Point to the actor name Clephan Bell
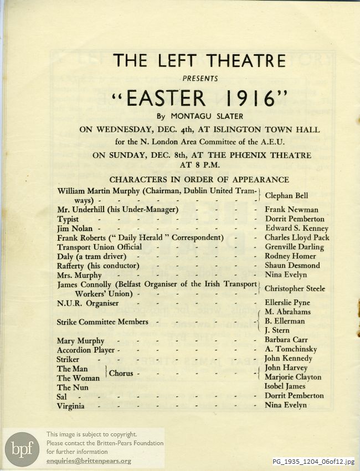tap(286, 195)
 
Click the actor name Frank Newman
tap(291, 210)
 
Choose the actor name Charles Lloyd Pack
tap(297, 238)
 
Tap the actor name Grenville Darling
tap(294, 247)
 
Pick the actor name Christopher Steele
tap(295, 289)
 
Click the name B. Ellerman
tap(285, 321)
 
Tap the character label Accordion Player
tap(86, 350)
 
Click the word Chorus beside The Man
tap(121, 374)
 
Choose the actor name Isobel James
tap(286, 387)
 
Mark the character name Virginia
tap(71, 406)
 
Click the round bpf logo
tap(22, 449)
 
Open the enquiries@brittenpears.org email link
tap(89, 460)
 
